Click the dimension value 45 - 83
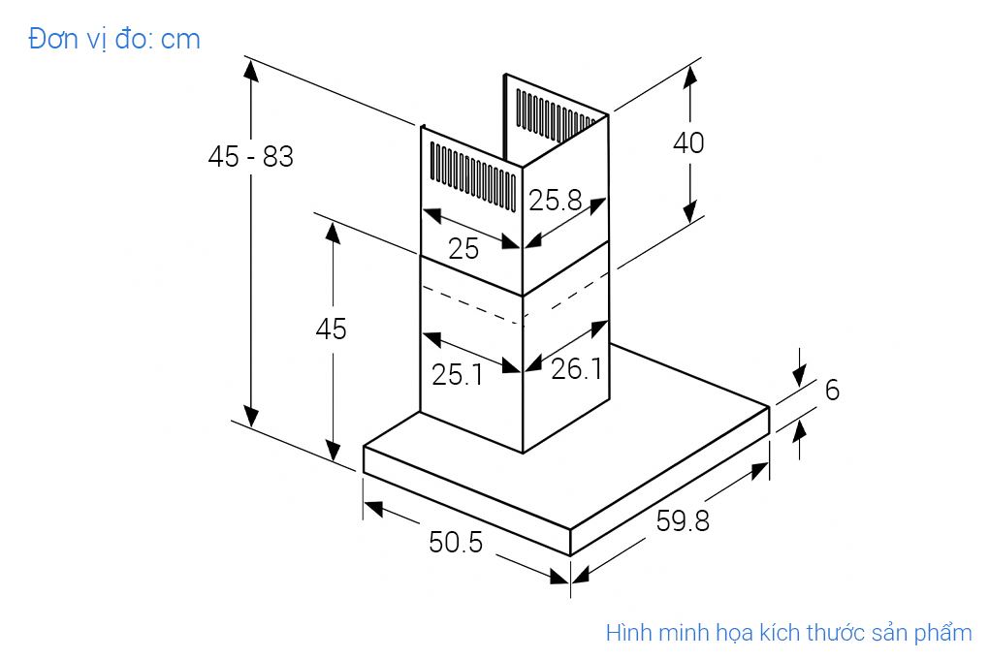pyautogui.click(x=250, y=156)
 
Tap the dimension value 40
pyautogui.click(x=688, y=142)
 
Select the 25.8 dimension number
pyautogui.click(x=555, y=201)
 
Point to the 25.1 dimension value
pyautogui.click(x=458, y=375)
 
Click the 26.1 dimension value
pyautogui.click(x=577, y=368)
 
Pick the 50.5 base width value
pyautogui.click(x=456, y=543)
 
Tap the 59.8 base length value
pyautogui.click(x=683, y=520)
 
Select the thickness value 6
pyautogui.click(x=832, y=390)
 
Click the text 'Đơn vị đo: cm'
pyautogui.click(x=114, y=39)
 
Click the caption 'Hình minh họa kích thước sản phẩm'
pyautogui.click(x=788, y=633)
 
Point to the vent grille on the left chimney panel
pyautogui.click(x=472, y=174)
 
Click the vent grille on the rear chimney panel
pyautogui.click(x=555, y=112)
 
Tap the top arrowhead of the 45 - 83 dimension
pyautogui.click(x=251, y=71)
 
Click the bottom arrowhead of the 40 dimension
pyautogui.click(x=690, y=211)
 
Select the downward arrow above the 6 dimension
pyautogui.click(x=799, y=366)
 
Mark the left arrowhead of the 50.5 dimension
pyautogui.click(x=373, y=508)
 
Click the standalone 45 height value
pyautogui.click(x=332, y=329)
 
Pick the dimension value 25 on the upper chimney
pyautogui.click(x=463, y=249)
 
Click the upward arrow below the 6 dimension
pyautogui.click(x=799, y=440)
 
